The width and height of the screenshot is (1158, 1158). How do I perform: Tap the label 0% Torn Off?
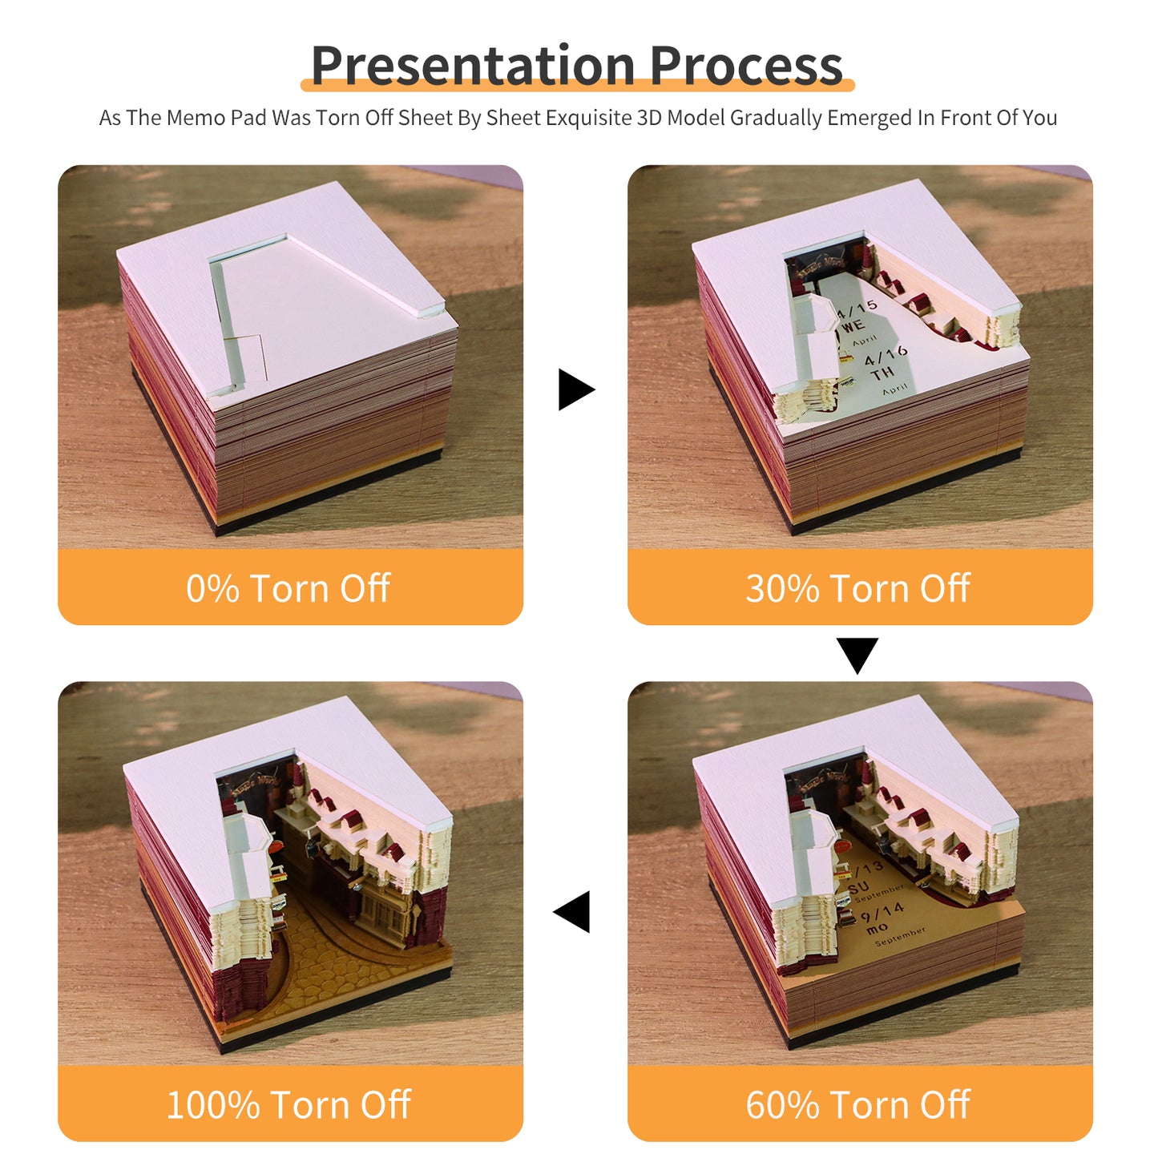pyautogui.click(x=288, y=588)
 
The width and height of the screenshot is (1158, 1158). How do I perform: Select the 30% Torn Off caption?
pyautogui.click(x=858, y=588)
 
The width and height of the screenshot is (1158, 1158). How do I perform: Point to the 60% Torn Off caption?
pyautogui.click(x=858, y=1104)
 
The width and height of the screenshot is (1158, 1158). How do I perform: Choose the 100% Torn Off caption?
pyautogui.click(x=288, y=1104)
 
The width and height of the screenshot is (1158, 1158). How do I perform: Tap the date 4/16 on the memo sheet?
pyautogui.click(x=885, y=355)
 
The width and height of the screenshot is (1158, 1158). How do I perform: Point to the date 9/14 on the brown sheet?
pyautogui.click(x=882, y=912)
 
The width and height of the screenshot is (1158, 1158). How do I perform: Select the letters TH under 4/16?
pyautogui.click(x=882, y=374)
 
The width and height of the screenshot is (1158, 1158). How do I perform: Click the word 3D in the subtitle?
pyautogui.click(x=649, y=118)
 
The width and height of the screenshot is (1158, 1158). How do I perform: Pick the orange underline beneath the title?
pyautogui.click(x=577, y=85)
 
